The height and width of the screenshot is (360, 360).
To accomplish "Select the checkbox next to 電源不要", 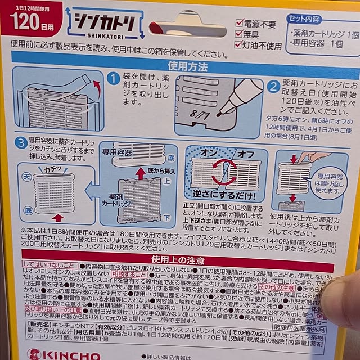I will (240, 24).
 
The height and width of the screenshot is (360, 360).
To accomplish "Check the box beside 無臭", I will (240, 34).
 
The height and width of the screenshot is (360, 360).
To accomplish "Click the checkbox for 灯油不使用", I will (240, 46).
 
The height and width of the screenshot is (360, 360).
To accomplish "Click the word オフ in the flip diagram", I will (244, 152).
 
